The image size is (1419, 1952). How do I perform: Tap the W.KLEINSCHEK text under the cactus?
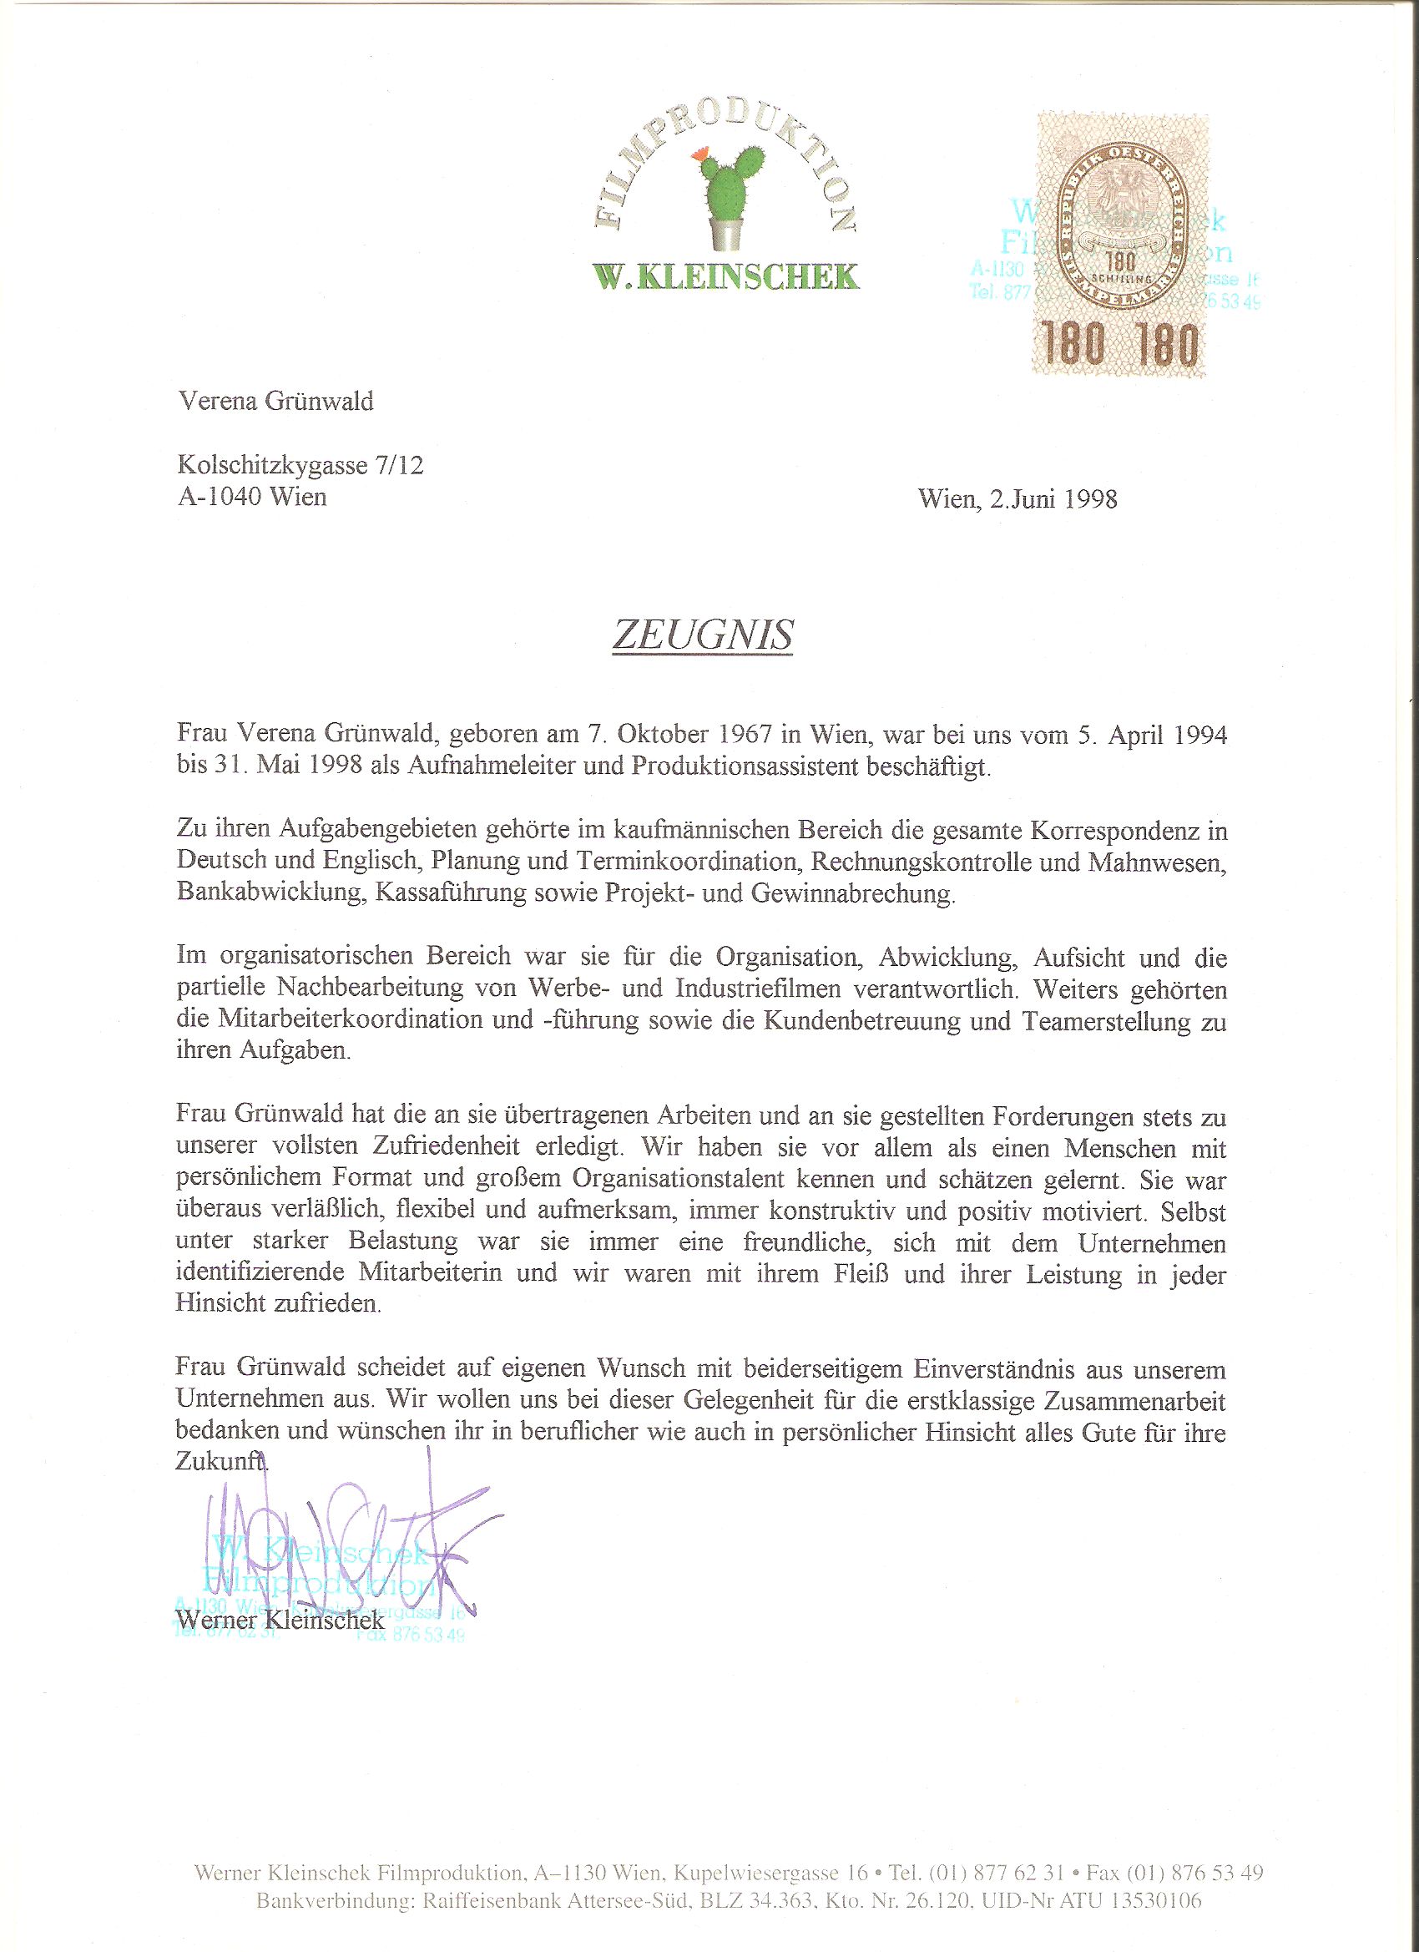pos(725,276)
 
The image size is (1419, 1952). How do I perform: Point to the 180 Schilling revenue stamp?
pos(1120,246)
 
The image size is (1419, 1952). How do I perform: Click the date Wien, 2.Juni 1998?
pos(1018,499)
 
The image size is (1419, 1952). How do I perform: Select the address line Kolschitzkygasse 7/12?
pos(300,466)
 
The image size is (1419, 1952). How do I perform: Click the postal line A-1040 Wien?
pos(252,497)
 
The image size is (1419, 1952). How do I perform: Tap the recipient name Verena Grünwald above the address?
pos(275,401)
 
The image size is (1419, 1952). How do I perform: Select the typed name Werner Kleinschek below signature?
pos(280,1620)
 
